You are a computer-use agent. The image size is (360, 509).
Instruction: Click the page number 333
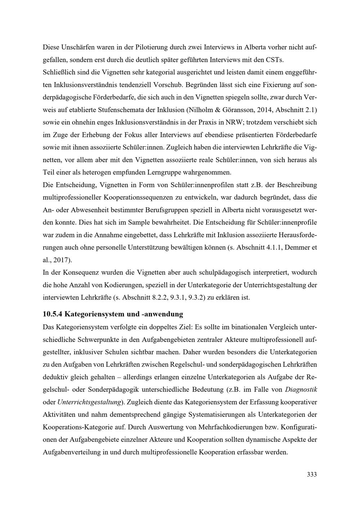[311, 474]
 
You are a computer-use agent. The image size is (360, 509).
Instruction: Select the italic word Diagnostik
[301, 389]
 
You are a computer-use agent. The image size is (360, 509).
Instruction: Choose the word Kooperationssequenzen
[139, 198]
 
